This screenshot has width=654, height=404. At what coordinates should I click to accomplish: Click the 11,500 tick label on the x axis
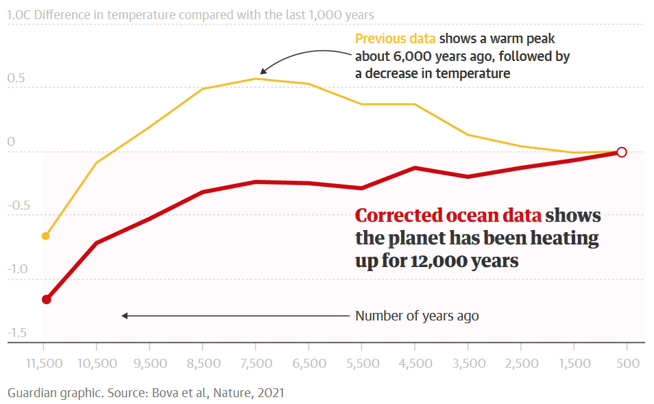pyautogui.click(x=43, y=364)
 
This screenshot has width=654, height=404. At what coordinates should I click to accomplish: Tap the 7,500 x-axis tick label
pyautogui.click(x=255, y=364)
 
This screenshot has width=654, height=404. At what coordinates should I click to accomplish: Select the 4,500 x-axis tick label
pyautogui.click(x=414, y=364)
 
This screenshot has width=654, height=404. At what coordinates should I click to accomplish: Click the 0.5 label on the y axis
pyautogui.click(x=16, y=78)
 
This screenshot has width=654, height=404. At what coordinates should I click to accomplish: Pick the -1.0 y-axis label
pyautogui.click(x=17, y=269)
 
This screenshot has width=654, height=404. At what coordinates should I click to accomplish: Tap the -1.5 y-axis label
pyautogui.click(x=17, y=333)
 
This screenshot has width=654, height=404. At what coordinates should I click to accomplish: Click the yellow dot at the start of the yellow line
pyautogui.click(x=46, y=236)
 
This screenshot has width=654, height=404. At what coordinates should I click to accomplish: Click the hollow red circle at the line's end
pyautogui.click(x=622, y=152)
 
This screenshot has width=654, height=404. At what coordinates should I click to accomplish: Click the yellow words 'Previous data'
pyautogui.click(x=395, y=38)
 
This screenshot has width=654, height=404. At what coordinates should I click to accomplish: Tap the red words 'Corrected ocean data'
pyautogui.click(x=448, y=216)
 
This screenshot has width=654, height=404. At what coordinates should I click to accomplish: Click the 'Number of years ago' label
pyautogui.click(x=417, y=316)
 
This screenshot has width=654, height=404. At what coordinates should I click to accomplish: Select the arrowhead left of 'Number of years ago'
pyautogui.click(x=125, y=316)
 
